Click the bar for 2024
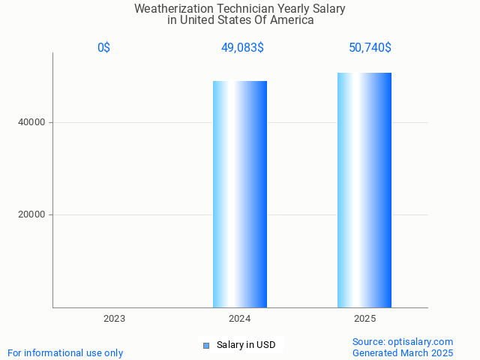click(240, 194)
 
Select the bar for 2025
click(364, 190)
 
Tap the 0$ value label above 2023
click(103, 48)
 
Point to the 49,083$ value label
click(241, 48)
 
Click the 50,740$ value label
click(370, 48)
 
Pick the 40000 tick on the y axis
click(31, 122)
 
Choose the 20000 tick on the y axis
click(31, 215)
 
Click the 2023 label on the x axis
click(114, 319)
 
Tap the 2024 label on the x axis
click(239, 319)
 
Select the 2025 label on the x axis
click(364, 319)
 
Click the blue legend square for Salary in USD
click(206, 346)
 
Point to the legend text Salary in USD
click(246, 345)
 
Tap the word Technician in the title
click(239, 9)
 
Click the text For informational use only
click(65, 352)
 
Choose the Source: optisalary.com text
click(403, 341)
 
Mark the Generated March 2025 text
click(403, 352)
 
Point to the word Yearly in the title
click(291, 9)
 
